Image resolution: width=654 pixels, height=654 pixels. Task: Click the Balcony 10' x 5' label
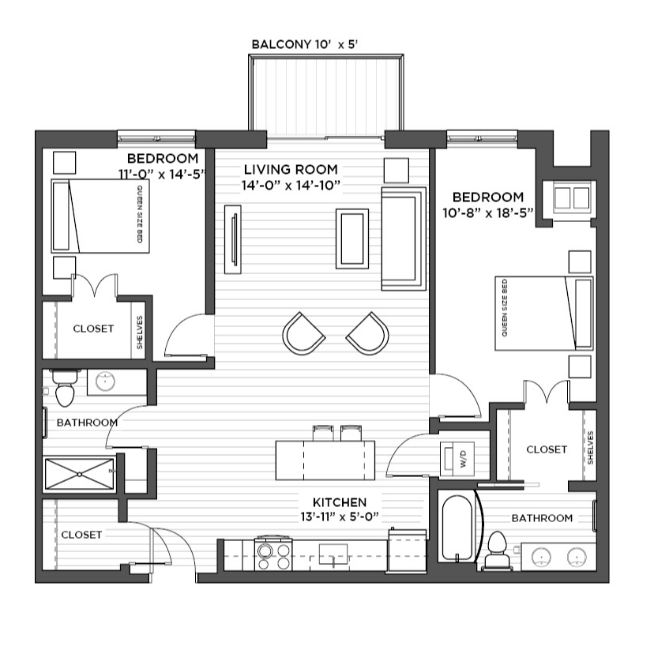pyautogui.click(x=305, y=44)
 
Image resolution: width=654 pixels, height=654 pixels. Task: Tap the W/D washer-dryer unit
pyautogui.click(x=457, y=459)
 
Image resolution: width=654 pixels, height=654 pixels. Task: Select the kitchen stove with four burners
pyautogui.click(x=273, y=554)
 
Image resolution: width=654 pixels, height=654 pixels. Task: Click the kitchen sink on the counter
pyautogui.click(x=333, y=555)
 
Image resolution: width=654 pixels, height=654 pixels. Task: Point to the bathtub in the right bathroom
pyautogui.click(x=457, y=527)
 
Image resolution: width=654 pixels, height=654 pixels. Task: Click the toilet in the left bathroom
pyautogui.click(x=65, y=388)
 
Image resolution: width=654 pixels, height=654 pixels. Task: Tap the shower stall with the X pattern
pyautogui.click(x=79, y=474)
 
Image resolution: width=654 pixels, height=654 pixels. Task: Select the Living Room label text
pyautogui.click(x=291, y=170)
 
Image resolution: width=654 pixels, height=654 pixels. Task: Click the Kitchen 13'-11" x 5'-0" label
pyautogui.click(x=340, y=509)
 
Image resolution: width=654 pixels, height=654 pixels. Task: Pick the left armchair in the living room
pyautogui.click(x=303, y=333)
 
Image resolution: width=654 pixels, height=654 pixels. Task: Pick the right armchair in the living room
pyautogui.click(x=368, y=333)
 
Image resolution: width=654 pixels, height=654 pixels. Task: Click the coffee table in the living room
pyautogui.click(x=352, y=239)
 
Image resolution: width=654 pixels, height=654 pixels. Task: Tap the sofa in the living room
pyautogui.click(x=404, y=239)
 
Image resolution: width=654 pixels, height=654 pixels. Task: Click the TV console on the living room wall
pyautogui.click(x=233, y=239)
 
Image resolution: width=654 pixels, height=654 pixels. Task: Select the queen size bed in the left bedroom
pyautogui.click(x=100, y=216)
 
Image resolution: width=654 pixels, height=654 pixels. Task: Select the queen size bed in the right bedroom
pyautogui.click(x=544, y=313)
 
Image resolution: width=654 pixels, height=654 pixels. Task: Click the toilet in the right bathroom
pyautogui.click(x=496, y=550)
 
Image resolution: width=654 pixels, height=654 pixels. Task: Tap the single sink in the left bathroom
pyautogui.click(x=105, y=381)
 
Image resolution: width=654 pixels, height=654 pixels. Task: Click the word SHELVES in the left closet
pyautogui.click(x=139, y=332)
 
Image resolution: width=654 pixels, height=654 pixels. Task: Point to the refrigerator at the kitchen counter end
pyautogui.click(x=407, y=551)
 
